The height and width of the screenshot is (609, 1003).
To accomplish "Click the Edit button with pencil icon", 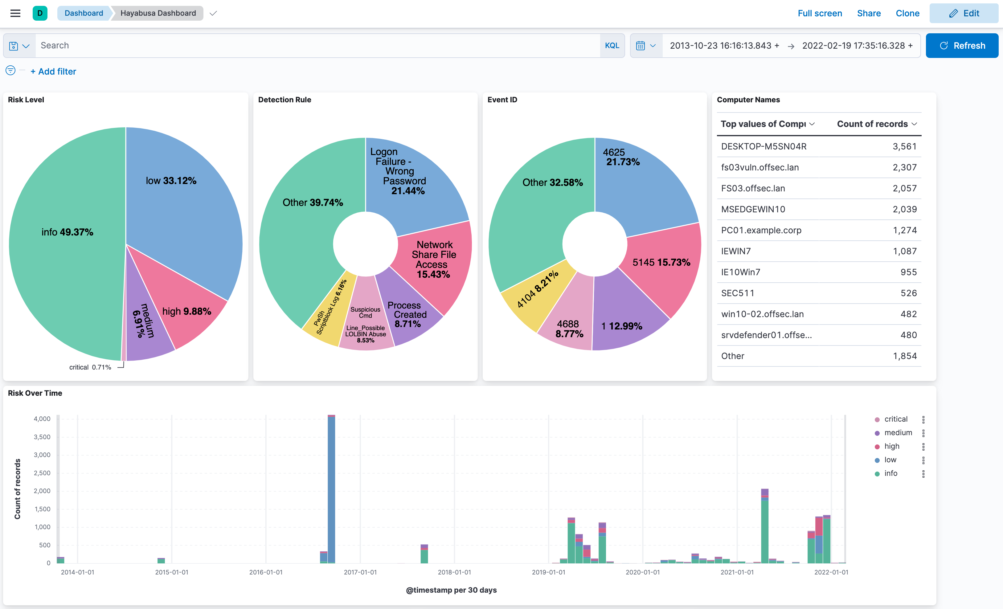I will point(964,14).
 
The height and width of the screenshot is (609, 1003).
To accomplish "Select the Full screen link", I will point(819,14).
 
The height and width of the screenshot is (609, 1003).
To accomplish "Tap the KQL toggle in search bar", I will point(612,46).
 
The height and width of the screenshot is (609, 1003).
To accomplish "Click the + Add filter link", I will point(53,72).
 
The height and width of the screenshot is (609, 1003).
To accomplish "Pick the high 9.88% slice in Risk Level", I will point(186,311).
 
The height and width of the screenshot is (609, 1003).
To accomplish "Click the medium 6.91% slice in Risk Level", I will point(145,321).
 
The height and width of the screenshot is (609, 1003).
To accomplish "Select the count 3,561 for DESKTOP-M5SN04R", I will point(904,147).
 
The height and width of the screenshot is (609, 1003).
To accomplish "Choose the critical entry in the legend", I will point(895,419).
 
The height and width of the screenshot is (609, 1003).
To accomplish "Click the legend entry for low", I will point(890,460).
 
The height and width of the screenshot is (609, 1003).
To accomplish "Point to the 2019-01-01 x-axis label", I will point(548,572).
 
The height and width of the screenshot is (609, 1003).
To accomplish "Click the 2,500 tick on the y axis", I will point(42,473).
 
